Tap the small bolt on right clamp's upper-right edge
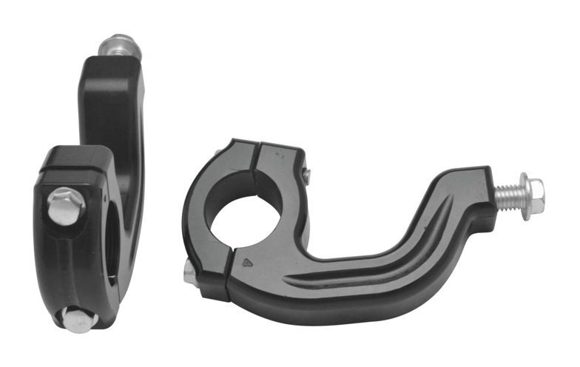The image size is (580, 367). [306, 175]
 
